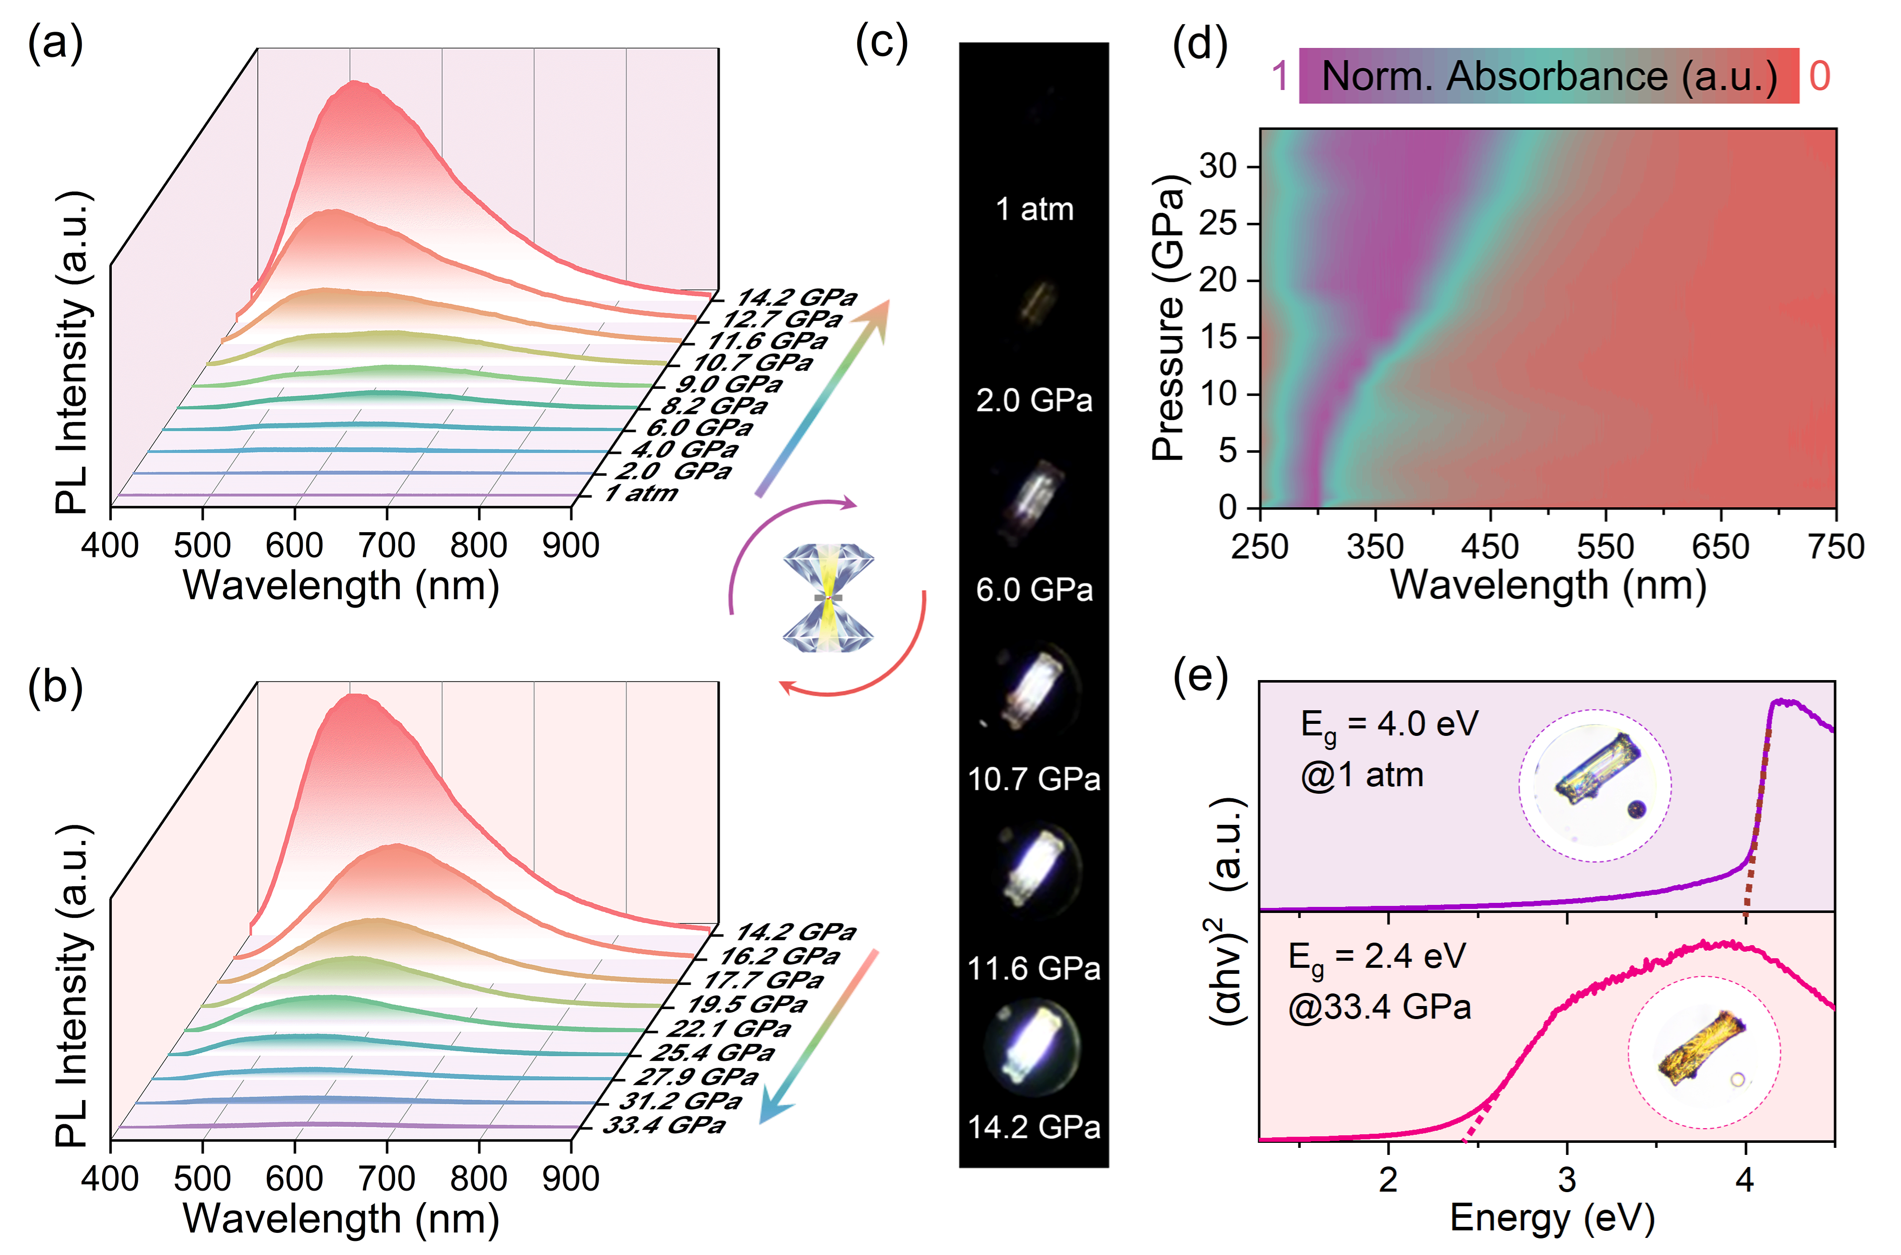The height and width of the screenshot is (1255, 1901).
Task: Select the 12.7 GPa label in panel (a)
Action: point(782,319)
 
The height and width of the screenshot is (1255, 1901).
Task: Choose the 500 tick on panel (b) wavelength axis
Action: point(203,1179)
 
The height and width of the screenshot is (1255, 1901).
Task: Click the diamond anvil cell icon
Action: point(828,597)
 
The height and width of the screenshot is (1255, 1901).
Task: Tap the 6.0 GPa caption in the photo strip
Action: point(1034,590)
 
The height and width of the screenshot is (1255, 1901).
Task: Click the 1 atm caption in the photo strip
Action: point(1034,210)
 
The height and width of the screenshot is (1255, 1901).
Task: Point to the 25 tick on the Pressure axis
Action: point(1217,223)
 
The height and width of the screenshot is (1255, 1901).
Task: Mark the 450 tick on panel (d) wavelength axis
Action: point(1489,547)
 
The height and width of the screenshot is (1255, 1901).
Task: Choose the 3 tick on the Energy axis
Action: point(1566,1180)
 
